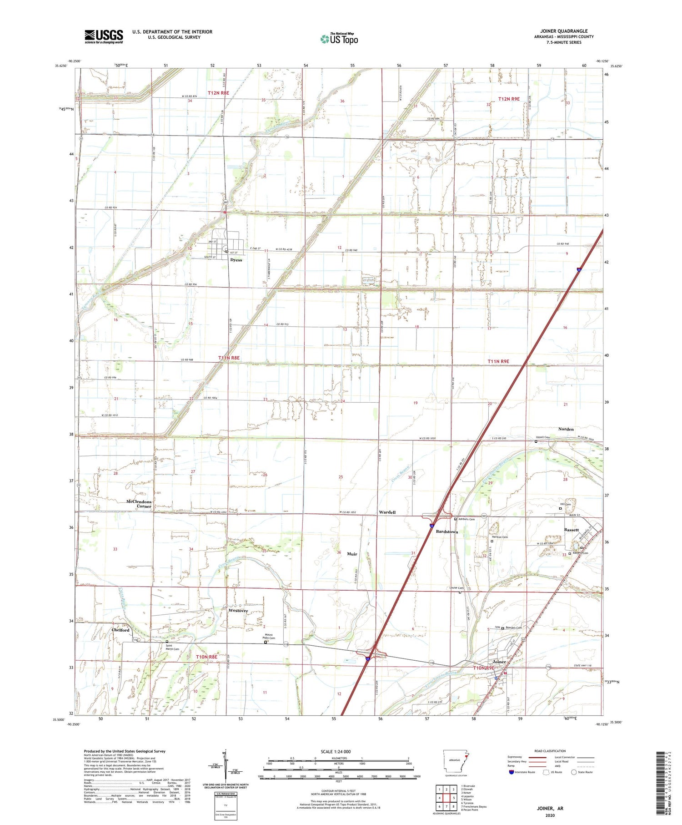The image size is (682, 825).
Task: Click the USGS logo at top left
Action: pyautogui.click(x=104, y=36)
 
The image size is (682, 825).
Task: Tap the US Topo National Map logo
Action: pyautogui.click(x=339, y=39)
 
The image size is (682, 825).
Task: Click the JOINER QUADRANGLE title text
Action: pyautogui.click(x=564, y=31)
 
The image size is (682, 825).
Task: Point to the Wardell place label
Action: pyautogui.click(x=387, y=512)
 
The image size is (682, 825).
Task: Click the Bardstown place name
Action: pyautogui.click(x=447, y=531)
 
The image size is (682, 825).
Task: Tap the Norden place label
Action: pyautogui.click(x=566, y=429)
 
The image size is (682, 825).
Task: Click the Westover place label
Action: pyautogui.click(x=238, y=611)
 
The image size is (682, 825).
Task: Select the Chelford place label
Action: pyautogui.click(x=120, y=630)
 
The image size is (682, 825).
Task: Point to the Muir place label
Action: pyautogui.click(x=352, y=554)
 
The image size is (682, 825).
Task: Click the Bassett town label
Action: pyautogui.click(x=572, y=530)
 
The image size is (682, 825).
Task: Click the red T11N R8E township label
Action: pyautogui.click(x=229, y=358)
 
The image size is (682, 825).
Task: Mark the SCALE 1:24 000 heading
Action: pyautogui.click(x=336, y=751)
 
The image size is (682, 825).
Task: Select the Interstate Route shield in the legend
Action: pyautogui.click(x=511, y=772)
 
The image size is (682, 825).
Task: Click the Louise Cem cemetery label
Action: pyautogui.click(x=456, y=588)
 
